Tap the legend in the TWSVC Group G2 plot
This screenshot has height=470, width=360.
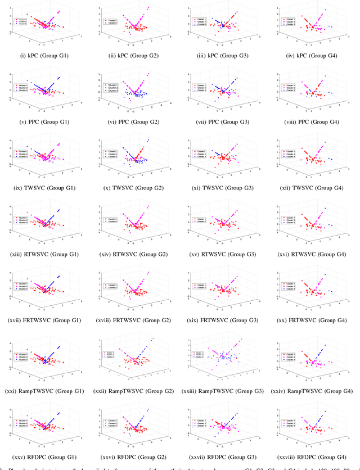point(110,153)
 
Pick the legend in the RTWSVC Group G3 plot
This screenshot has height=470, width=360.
point(199,219)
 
